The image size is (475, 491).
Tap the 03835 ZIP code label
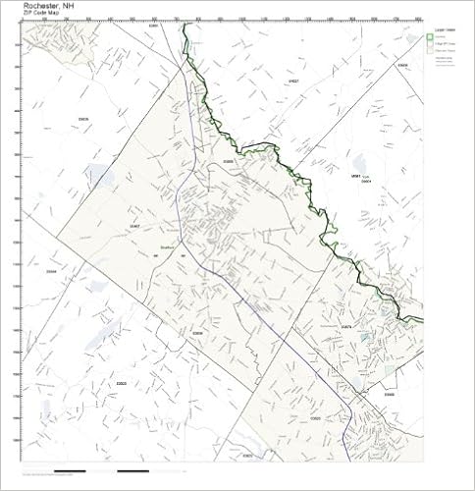[x=83, y=120]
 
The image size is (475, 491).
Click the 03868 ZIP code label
[x=230, y=159]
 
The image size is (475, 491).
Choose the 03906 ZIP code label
[x=402, y=66]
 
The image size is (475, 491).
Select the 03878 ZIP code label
[x=345, y=326]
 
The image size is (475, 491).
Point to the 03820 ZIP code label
[x=315, y=419]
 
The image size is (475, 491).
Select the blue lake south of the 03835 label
[x=98, y=176]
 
